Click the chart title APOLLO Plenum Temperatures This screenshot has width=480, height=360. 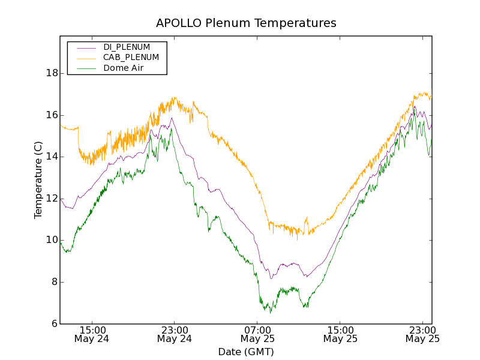click(x=246, y=23)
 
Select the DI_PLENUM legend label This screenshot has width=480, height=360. click(x=127, y=47)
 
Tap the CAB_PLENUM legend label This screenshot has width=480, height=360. click(x=131, y=58)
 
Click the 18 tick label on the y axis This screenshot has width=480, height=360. click(x=52, y=73)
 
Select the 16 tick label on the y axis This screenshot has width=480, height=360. click(x=52, y=115)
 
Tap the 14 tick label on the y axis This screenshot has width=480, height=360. click(x=52, y=157)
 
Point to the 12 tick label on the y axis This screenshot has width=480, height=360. click(x=52, y=199)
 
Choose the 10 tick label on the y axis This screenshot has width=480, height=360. click(x=52, y=241)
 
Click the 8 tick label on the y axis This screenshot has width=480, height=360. click(x=55, y=282)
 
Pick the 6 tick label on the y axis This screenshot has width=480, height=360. click(x=55, y=324)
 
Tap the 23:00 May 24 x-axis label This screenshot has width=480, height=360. click(x=174, y=334)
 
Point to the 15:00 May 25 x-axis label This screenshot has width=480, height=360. click(x=340, y=334)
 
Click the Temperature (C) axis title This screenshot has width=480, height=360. click(x=38, y=180)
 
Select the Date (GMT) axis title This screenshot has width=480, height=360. click(x=246, y=352)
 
